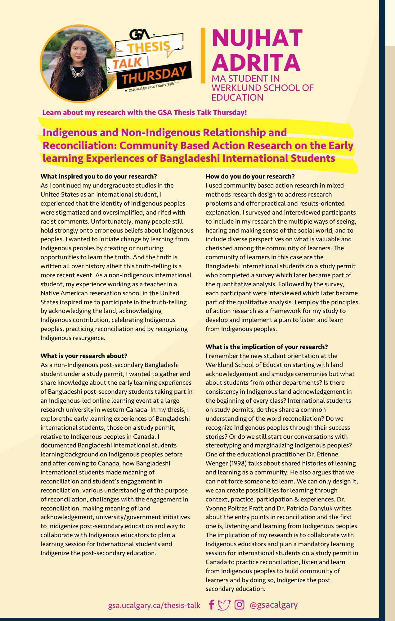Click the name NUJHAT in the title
(x=257, y=38)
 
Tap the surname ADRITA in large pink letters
(x=256, y=62)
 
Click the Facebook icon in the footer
(x=211, y=605)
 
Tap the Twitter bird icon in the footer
(x=224, y=605)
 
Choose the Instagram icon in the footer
(x=239, y=605)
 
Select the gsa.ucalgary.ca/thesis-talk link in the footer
(x=154, y=605)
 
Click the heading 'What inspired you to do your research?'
(x=99, y=176)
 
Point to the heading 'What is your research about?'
(x=84, y=356)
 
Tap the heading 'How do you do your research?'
(x=250, y=176)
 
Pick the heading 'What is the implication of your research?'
(x=267, y=347)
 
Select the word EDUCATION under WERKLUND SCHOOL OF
(x=237, y=97)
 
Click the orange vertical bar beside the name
(x=203, y=56)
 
